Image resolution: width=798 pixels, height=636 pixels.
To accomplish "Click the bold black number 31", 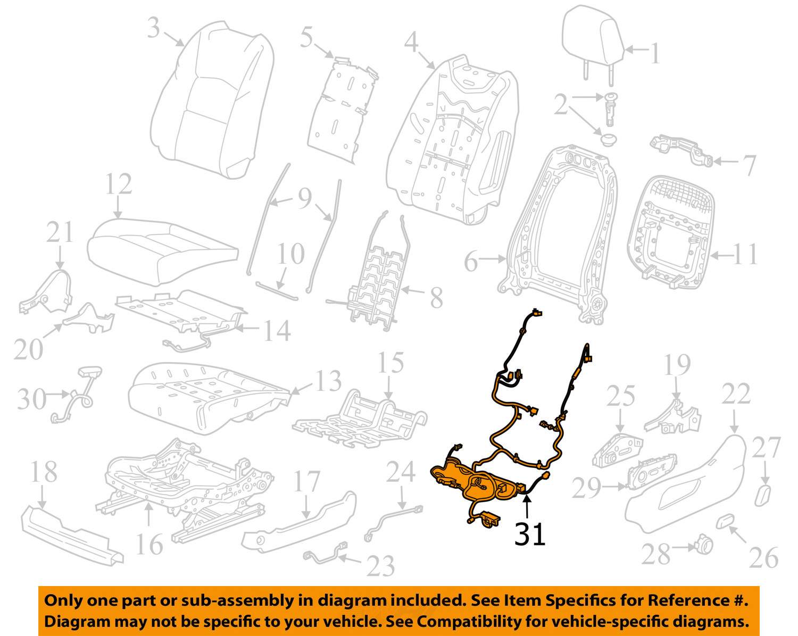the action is tap(530, 534).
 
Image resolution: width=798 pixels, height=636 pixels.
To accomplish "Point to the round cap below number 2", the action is tap(608, 139).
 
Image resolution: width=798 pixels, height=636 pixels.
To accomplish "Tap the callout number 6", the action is tap(471, 262).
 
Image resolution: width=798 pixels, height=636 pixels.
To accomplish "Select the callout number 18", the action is tap(44, 472).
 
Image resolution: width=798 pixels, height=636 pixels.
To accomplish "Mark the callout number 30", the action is tap(31, 399).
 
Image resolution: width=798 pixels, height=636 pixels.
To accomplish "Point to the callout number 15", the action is tap(390, 363).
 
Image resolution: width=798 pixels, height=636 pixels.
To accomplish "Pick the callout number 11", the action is tap(745, 254).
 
